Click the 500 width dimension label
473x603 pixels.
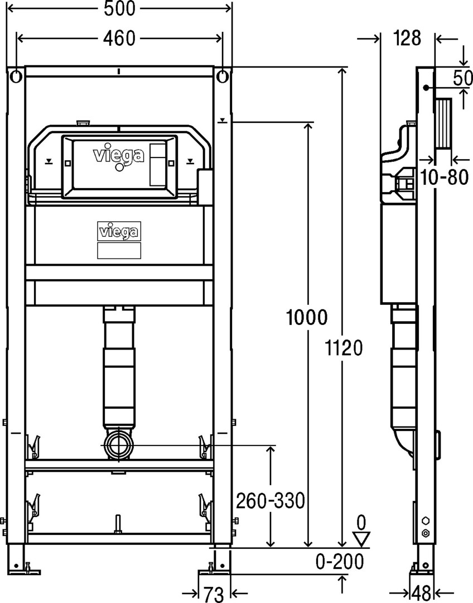[120, 8]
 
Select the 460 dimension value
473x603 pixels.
[120, 38]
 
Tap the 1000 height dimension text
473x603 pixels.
[307, 317]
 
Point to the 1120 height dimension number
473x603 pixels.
[344, 348]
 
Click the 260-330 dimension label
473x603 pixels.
[270, 501]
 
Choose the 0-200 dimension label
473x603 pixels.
[340, 562]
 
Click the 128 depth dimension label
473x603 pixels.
[407, 38]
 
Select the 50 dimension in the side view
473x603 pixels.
[462, 79]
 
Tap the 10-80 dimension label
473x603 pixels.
[444, 178]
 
